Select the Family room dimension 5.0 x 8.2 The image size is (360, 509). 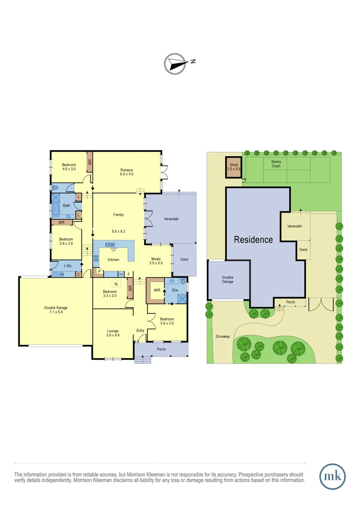click(118, 231)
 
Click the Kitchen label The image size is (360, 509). click(114, 260)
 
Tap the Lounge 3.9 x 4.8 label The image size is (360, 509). click(113, 333)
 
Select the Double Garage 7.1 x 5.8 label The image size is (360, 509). click(56, 311)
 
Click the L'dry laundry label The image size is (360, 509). click(67, 266)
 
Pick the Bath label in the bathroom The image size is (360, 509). click(67, 205)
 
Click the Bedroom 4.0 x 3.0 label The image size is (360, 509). click(69, 167)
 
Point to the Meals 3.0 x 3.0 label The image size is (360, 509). click(157, 261)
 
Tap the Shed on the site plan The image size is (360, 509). click(234, 166)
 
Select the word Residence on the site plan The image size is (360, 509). click(254, 239)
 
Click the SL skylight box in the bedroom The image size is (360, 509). click(116, 284)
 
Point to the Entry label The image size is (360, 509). click(140, 330)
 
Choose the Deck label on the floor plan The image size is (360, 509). click(184, 259)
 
